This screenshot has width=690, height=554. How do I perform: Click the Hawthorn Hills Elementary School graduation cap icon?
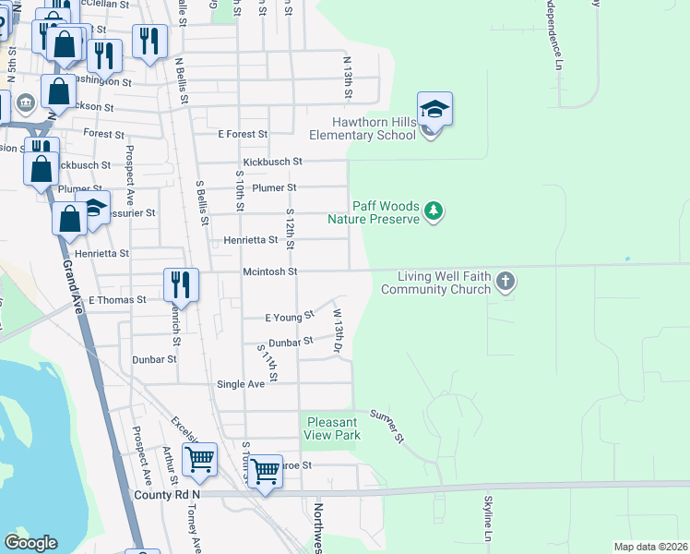(x=434, y=110)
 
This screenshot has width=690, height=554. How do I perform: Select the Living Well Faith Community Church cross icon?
(x=505, y=281)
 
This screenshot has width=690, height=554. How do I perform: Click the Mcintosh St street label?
(x=269, y=271)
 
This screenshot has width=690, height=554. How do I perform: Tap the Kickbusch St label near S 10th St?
(x=272, y=162)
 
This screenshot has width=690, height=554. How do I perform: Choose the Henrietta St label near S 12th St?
(x=250, y=240)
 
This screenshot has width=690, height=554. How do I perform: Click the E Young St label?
(x=289, y=318)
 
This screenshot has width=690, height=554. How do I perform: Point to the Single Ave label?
(x=241, y=384)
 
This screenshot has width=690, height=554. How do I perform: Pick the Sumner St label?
(x=387, y=425)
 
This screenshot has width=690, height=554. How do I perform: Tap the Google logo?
(x=30, y=543)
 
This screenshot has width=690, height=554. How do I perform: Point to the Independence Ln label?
(x=558, y=37)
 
